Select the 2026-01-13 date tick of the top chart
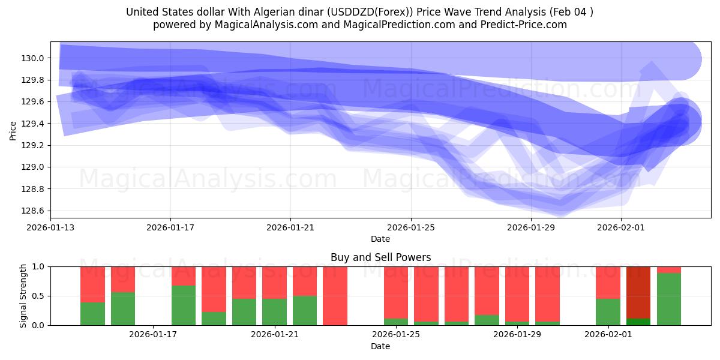point(50,228)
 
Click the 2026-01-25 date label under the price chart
point(411,228)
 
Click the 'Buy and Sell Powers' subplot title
point(380,257)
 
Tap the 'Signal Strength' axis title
point(23,296)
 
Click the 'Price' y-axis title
point(13,130)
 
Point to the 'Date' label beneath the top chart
point(380,239)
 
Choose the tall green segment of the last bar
point(669,299)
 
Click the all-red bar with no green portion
point(335,296)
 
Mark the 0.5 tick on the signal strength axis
point(40,296)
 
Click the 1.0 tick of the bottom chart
point(40,266)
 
